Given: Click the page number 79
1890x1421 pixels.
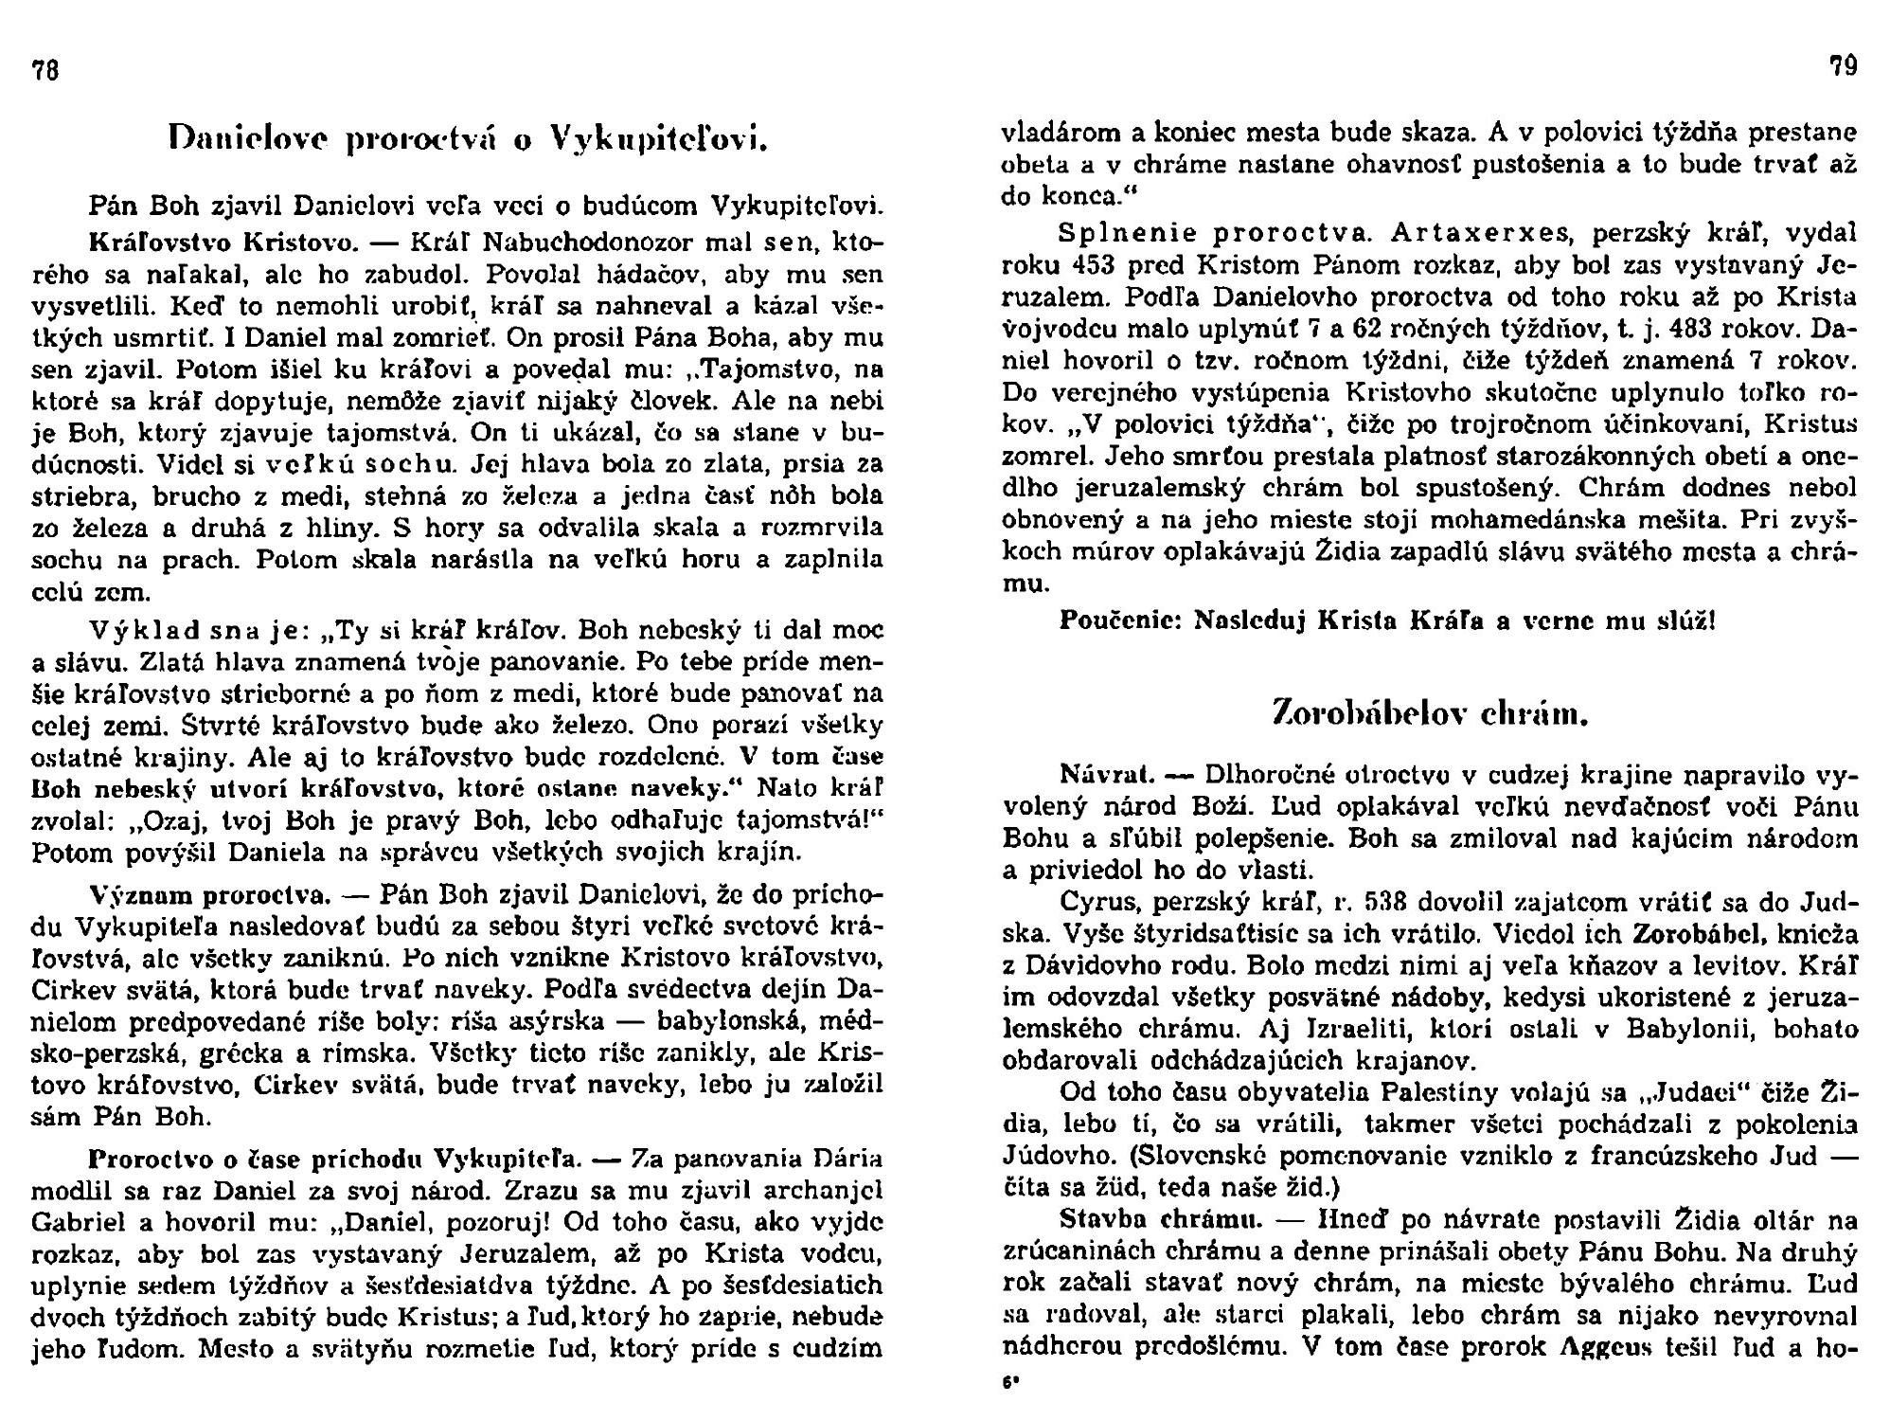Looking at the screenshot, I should (x=1843, y=67).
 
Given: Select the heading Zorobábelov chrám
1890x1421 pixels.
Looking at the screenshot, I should (x=1430, y=712).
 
